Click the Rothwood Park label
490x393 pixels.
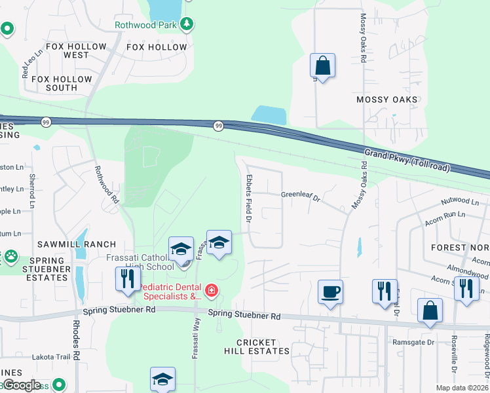(x=146, y=26)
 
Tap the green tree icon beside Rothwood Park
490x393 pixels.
(x=187, y=24)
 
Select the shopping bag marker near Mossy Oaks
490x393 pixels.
(x=322, y=65)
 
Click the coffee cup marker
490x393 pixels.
(x=331, y=291)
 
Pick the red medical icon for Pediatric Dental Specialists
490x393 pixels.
(x=211, y=290)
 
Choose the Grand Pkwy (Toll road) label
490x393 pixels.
(x=407, y=160)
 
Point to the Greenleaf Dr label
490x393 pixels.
(x=300, y=195)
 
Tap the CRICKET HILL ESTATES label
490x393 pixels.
(x=263, y=347)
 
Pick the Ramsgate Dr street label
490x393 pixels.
(x=414, y=343)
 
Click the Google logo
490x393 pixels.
(x=22, y=385)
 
